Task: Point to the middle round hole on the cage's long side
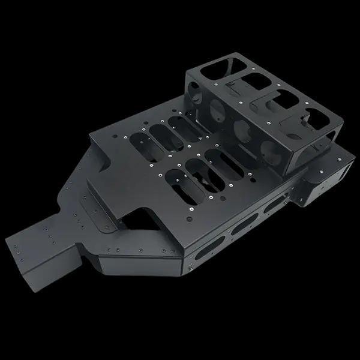[241, 129]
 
